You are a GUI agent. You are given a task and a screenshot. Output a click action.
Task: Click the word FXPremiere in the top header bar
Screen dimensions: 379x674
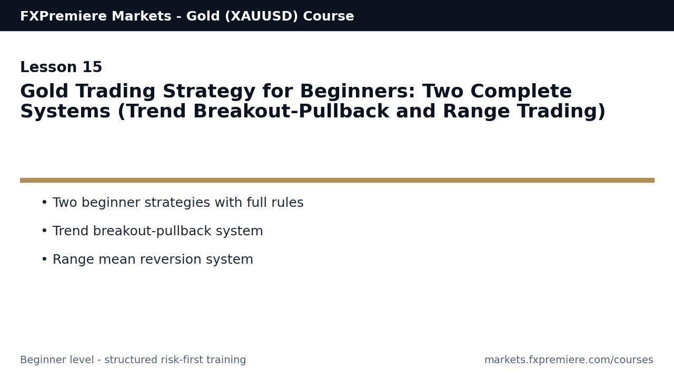(x=58, y=17)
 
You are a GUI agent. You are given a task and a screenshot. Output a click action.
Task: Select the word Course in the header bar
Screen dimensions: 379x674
(x=329, y=17)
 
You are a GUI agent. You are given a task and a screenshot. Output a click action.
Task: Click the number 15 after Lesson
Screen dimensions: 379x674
(x=92, y=68)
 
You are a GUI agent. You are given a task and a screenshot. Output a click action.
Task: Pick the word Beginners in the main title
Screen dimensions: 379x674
(x=352, y=92)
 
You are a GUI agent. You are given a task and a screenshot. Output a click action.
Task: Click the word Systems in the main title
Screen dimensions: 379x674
(x=65, y=112)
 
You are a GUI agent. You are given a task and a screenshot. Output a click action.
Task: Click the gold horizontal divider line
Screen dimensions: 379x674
(x=337, y=180)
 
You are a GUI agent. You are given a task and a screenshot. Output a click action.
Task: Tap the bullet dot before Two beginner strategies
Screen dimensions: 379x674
(x=44, y=203)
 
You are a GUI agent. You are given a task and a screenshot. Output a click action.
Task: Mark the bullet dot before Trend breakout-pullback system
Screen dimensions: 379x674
(x=44, y=232)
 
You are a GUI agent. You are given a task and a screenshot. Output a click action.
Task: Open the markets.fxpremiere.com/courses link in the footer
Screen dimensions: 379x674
(x=569, y=361)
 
